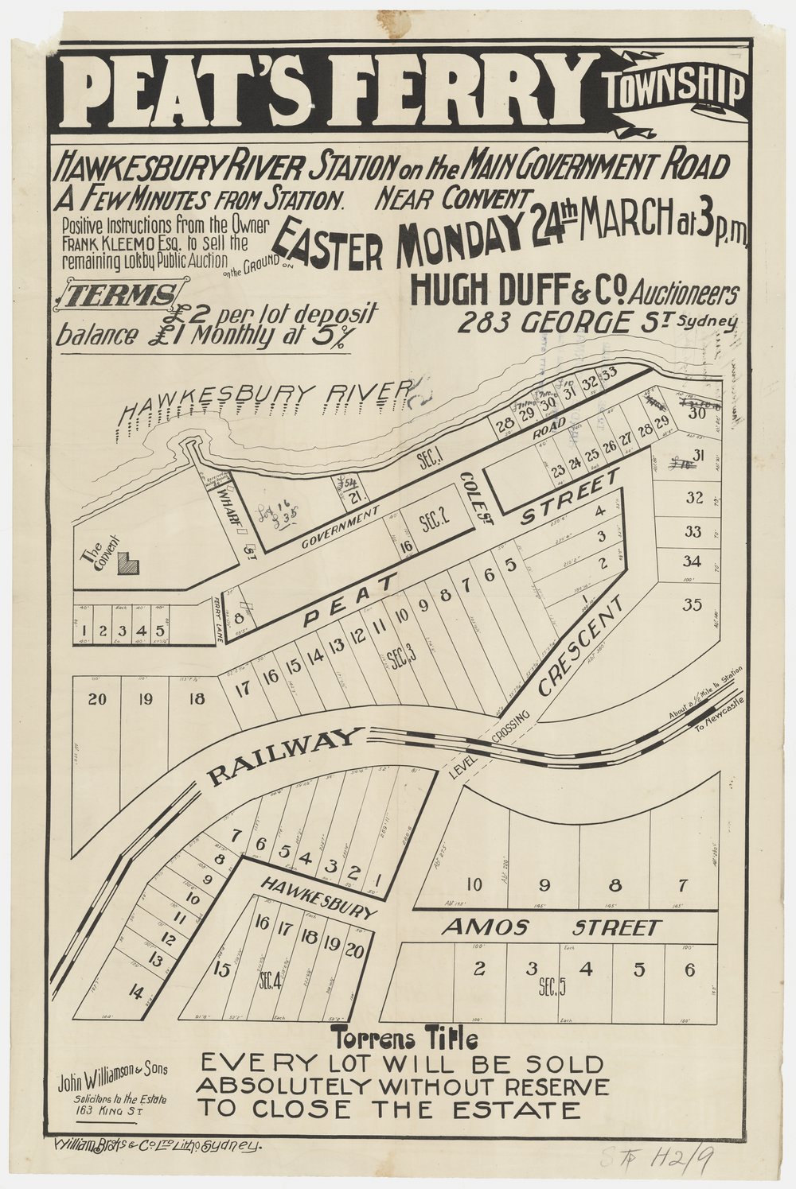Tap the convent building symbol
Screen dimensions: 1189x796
pos(127,564)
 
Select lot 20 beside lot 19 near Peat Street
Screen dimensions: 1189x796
pos(96,700)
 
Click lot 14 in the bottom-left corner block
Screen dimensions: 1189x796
pos(117,992)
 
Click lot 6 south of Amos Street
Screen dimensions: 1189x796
pos(689,969)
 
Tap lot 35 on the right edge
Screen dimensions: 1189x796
pos(693,604)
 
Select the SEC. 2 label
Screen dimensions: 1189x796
pos(435,521)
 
